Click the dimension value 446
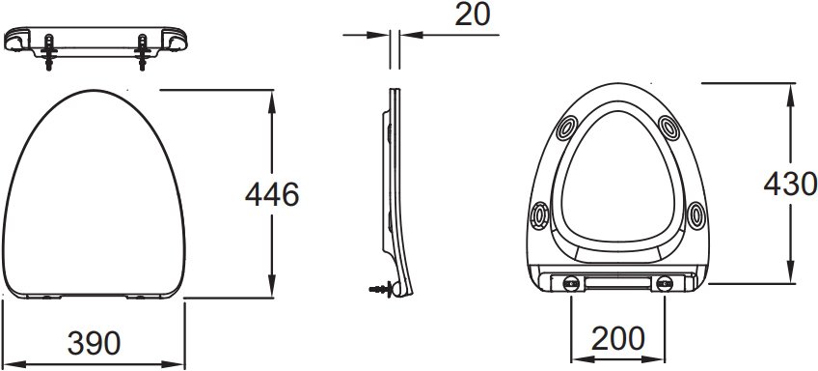[x=272, y=194]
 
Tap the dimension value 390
[x=94, y=343]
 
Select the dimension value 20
[x=473, y=14]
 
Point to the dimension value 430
[x=790, y=184]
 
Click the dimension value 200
[x=617, y=339]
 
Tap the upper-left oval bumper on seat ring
[x=567, y=128]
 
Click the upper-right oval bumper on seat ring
[x=668, y=128]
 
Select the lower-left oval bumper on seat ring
[x=539, y=215]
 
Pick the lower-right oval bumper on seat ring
[x=695, y=215]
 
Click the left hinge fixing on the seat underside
[x=571, y=284]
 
